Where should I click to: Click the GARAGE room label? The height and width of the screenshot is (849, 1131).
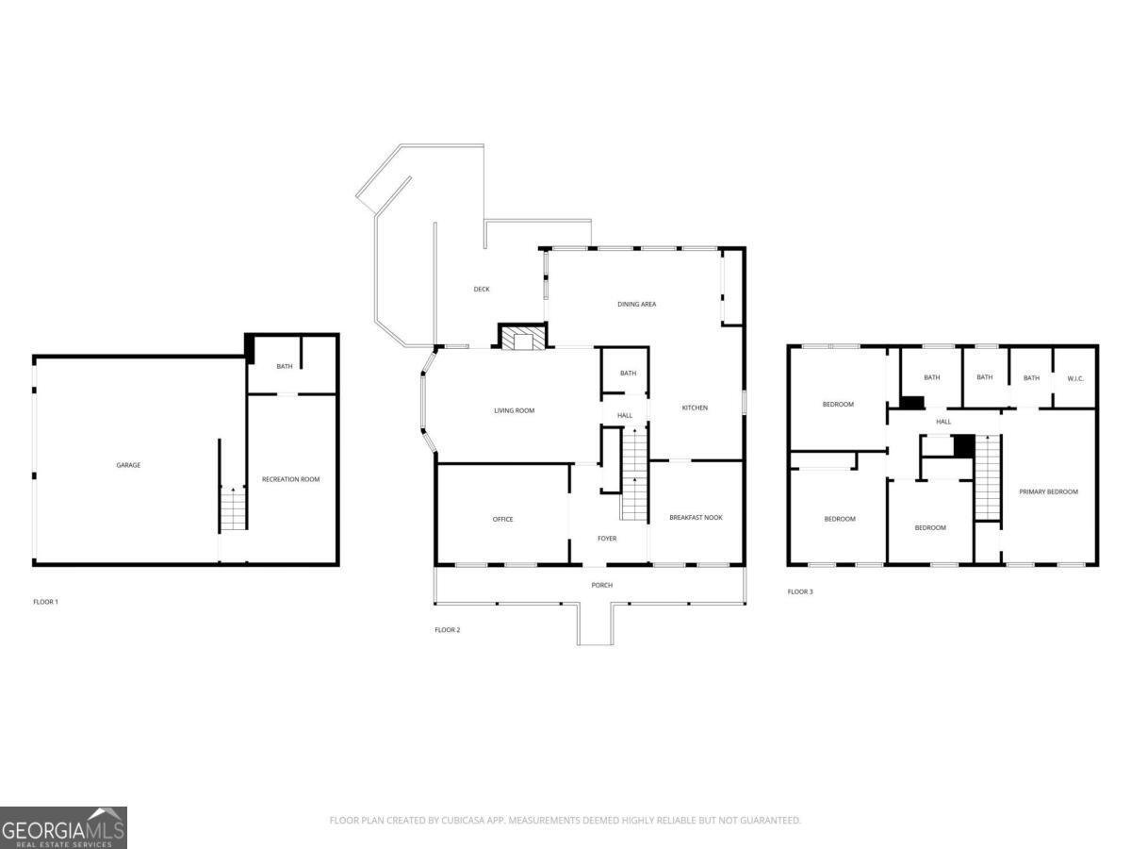pyautogui.click(x=128, y=465)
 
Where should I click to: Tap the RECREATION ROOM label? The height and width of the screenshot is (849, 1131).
pyautogui.click(x=291, y=479)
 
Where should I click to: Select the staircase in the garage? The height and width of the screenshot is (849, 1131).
pyautogui.click(x=233, y=509)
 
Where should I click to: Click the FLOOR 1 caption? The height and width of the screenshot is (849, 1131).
pyautogui.click(x=45, y=601)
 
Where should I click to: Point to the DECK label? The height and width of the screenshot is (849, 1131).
pyautogui.click(x=482, y=290)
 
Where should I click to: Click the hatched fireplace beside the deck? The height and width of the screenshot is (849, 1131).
pyautogui.click(x=522, y=338)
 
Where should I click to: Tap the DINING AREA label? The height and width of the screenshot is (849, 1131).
pyautogui.click(x=637, y=305)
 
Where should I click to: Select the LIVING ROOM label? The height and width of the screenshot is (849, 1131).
pyautogui.click(x=515, y=410)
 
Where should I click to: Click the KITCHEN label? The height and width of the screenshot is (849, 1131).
pyautogui.click(x=695, y=408)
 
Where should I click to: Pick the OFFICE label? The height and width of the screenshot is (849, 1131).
pyautogui.click(x=503, y=519)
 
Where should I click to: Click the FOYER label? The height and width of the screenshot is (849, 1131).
pyautogui.click(x=607, y=539)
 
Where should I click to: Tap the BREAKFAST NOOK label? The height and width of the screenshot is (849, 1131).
pyautogui.click(x=696, y=517)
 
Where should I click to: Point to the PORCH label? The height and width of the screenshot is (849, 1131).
pyautogui.click(x=601, y=585)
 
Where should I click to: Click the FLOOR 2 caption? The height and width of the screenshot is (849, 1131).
pyautogui.click(x=447, y=629)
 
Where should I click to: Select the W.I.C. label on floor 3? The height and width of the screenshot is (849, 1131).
pyautogui.click(x=1076, y=378)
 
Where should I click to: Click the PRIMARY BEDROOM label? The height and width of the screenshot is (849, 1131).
pyautogui.click(x=1048, y=491)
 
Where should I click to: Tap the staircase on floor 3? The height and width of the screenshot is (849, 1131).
pyautogui.click(x=987, y=477)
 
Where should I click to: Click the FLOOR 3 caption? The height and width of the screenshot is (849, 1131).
pyautogui.click(x=800, y=591)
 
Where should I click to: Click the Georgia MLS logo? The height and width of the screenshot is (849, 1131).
pyautogui.click(x=63, y=827)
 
